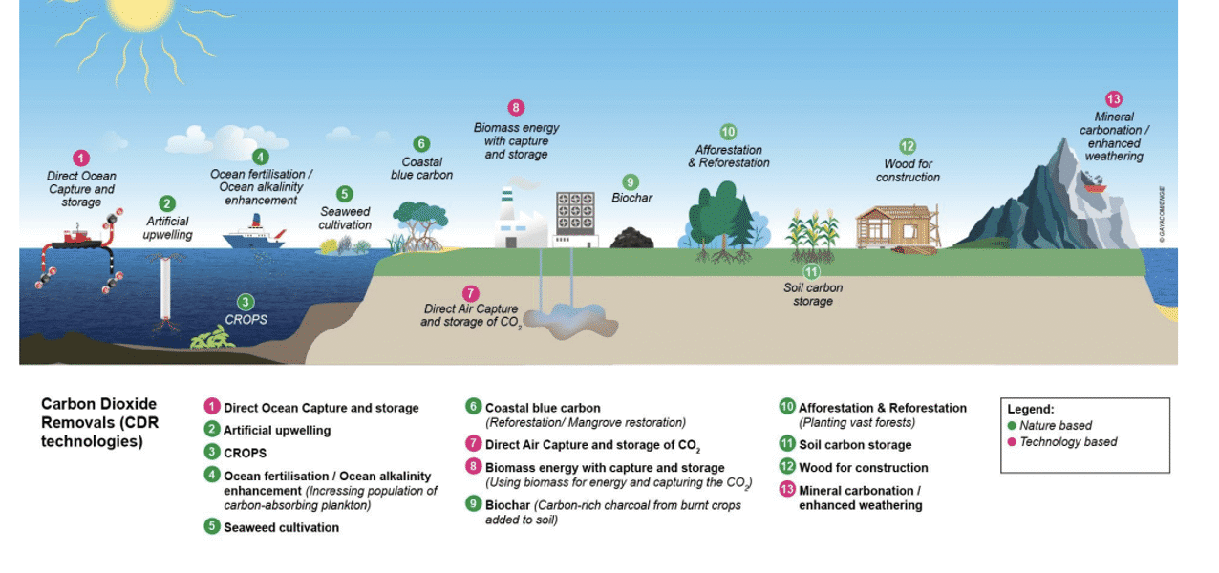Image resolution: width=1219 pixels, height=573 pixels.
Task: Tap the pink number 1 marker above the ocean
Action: [81, 159]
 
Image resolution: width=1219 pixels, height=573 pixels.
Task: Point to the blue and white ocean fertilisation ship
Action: [253, 235]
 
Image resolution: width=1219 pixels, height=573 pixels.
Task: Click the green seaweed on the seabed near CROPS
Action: [213, 337]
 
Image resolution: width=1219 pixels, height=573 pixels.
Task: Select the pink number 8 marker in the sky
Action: [516, 108]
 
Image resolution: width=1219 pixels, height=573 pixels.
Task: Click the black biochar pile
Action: [631, 238]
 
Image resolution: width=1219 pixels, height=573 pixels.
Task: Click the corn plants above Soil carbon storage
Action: [812, 235]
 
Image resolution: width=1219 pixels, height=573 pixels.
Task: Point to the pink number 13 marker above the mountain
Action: [1113, 99]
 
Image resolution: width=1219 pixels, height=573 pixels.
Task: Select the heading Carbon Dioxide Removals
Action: [99, 422]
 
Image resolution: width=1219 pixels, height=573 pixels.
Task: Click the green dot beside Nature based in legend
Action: [1012, 426]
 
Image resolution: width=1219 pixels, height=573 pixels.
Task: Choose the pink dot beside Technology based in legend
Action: [1012, 442]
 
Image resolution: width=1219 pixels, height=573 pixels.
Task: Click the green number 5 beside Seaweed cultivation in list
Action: [212, 526]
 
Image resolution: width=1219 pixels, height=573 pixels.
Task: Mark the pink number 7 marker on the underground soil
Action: [470, 294]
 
